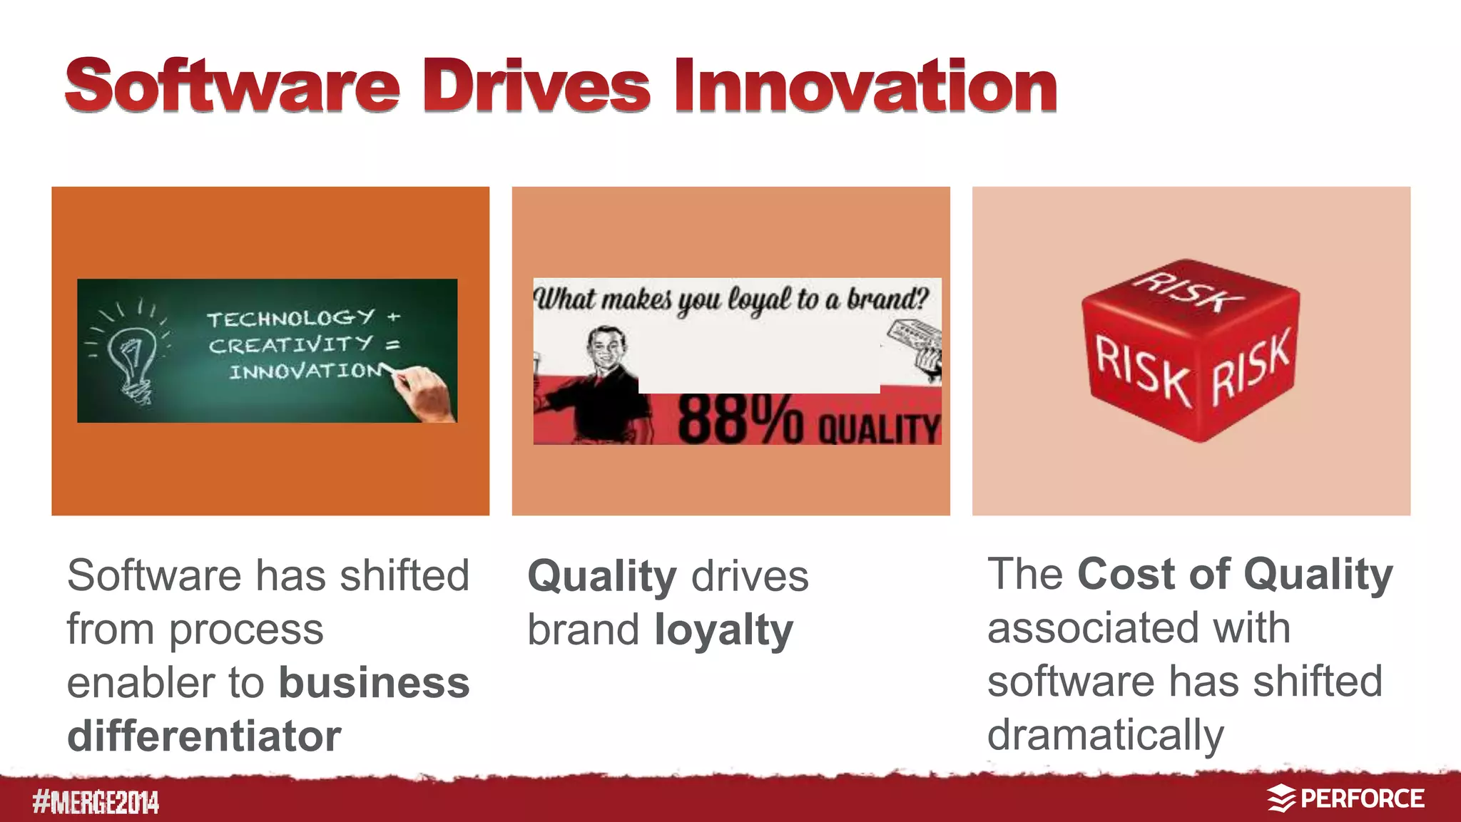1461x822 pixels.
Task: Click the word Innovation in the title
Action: click(865, 87)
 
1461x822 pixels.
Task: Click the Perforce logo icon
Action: click(1281, 798)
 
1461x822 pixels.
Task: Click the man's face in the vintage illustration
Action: click(606, 348)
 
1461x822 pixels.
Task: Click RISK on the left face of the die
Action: click(1141, 371)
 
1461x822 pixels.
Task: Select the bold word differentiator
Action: click(204, 736)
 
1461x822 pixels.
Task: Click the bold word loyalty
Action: click(723, 630)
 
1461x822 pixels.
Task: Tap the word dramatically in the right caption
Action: click(1105, 735)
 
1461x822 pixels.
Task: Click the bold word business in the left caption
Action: click(374, 683)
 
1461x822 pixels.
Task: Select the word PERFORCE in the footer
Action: click(1362, 798)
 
